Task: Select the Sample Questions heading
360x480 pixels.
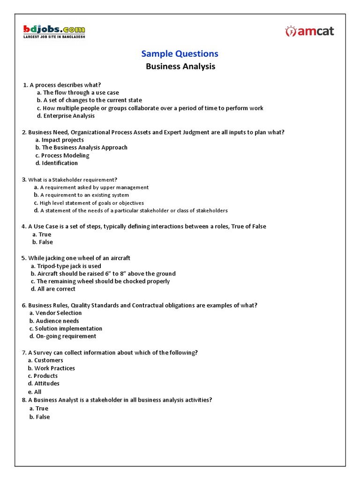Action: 180,54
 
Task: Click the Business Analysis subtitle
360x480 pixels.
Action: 180,67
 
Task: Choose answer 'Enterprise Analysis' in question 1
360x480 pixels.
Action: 68,116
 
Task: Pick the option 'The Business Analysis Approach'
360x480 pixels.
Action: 84,147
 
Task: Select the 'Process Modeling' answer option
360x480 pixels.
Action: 65,155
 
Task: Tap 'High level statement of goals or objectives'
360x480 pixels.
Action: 92,203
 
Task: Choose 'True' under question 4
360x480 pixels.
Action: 45,234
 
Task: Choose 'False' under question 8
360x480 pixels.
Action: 43,417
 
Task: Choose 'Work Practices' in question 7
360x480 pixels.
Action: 54,368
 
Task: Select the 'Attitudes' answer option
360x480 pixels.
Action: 47,383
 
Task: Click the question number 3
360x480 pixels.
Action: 24,179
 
